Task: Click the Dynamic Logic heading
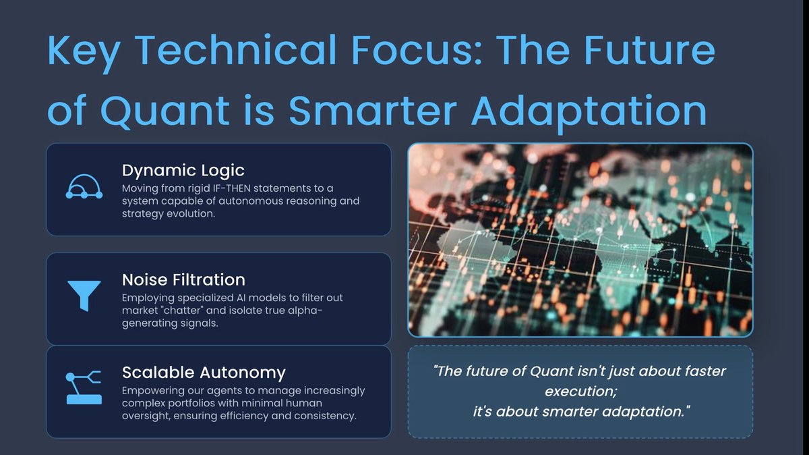[x=183, y=170]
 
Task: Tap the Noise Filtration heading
[x=183, y=279]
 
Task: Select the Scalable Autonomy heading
[x=204, y=372]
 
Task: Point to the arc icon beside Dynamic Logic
[x=84, y=186]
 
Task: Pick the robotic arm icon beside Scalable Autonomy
[x=84, y=387]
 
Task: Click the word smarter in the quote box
[x=550, y=410]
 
